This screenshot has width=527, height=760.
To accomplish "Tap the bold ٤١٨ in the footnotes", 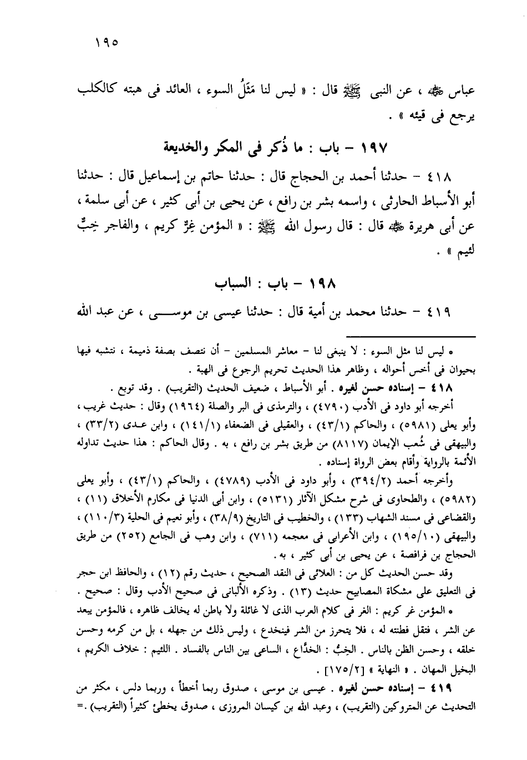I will (441, 387).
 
